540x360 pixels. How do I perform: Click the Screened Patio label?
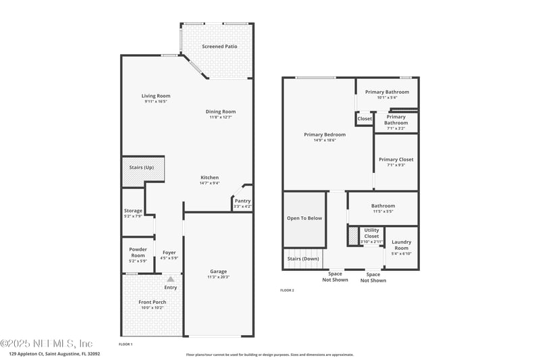coord(220,47)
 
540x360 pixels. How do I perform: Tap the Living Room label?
coord(155,96)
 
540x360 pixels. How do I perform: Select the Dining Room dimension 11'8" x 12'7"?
coord(221,118)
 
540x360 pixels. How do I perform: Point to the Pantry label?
coord(242,201)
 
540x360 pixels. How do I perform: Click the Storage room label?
coord(133,211)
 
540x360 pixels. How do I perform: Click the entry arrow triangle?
coord(171,278)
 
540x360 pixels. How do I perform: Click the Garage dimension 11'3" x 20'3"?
coord(218,277)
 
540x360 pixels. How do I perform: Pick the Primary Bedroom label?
coord(325,134)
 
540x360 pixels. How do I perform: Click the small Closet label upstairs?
coord(364,119)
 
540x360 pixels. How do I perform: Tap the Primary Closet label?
coord(396,159)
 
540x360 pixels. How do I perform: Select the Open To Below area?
coord(304,219)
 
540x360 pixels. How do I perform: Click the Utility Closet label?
coord(372,233)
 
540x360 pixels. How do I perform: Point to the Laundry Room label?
coord(401,245)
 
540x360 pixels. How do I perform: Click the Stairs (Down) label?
coord(303,259)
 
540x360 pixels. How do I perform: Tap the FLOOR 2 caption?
coord(287,290)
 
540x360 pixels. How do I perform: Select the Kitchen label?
coord(209,178)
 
